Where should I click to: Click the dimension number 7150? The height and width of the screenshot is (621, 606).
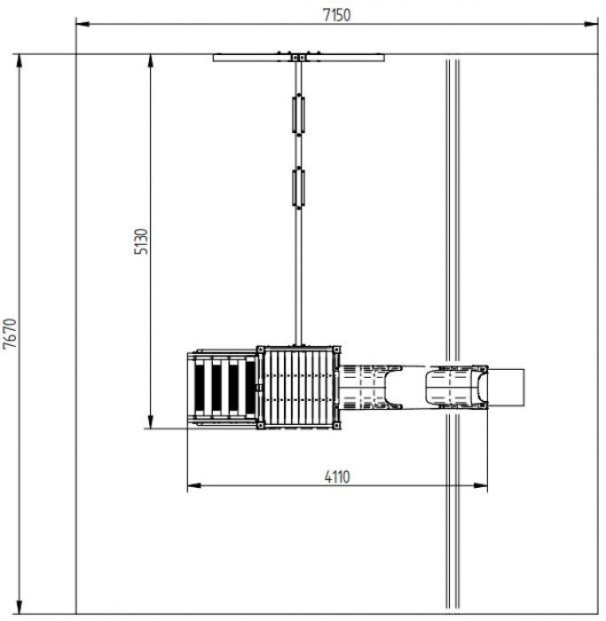pos(336,15)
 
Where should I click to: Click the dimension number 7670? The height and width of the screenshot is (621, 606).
pos(10,334)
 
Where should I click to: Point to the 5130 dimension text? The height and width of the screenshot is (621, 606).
pos(141,241)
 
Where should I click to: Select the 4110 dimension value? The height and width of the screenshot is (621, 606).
pos(337,477)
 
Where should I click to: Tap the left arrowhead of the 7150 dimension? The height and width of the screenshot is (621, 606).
pos(83,24)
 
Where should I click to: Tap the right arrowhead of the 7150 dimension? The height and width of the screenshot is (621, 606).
pos(591,24)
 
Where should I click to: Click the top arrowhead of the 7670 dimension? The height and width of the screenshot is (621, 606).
pos(19,61)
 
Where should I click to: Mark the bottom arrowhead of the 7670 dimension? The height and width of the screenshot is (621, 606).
pos(19,607)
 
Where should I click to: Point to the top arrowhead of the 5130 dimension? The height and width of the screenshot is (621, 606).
pos(151,61)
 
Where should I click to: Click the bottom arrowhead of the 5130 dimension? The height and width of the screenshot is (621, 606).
pos(151,421)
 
